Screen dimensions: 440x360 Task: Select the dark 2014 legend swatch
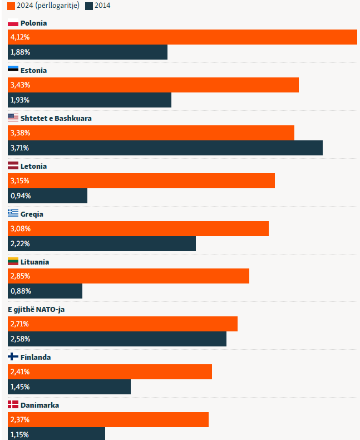click(89, 6)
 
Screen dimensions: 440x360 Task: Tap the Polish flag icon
click(13, 23)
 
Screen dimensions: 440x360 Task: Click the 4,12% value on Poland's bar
click(20, 37)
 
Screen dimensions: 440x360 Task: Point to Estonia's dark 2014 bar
click(90, 100)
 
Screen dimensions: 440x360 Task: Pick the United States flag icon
click(13, 118)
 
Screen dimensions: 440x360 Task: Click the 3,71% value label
click(20, 148)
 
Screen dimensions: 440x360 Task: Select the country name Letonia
click(33, 166)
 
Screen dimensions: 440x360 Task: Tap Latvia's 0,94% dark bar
click(47, 195)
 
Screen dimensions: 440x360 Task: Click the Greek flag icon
click(13, 214)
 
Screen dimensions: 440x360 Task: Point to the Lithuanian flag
click(13, 261)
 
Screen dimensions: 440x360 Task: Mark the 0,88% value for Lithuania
click(20, 291)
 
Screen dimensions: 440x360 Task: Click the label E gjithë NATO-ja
click(36, 309)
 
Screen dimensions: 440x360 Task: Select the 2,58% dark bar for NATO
click(117, 339)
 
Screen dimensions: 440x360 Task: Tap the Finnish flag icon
click(13, 357)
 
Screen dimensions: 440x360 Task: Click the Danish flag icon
click(13, 405)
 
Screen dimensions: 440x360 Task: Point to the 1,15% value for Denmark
click(20, 434)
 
